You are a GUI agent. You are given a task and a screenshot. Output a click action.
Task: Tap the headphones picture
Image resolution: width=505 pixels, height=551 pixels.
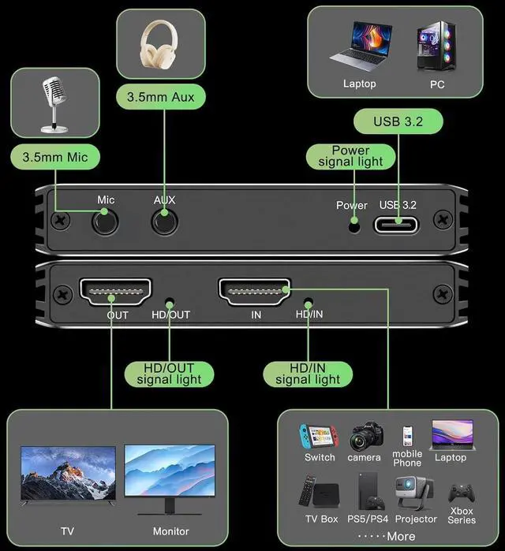[x=160, y=44]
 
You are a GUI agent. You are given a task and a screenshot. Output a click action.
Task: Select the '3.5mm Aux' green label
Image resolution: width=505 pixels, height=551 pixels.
[x=161, y=97]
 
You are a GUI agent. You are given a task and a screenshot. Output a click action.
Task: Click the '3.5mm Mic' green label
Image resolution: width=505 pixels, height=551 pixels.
[x=55, y=157]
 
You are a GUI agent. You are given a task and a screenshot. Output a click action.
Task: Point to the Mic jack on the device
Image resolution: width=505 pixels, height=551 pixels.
[x=105, y=222]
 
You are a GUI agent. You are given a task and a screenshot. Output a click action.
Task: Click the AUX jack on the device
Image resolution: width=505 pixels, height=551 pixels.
[x=164, y=222]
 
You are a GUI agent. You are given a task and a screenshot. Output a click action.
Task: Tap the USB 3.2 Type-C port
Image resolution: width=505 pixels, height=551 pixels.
[x=398, y=224]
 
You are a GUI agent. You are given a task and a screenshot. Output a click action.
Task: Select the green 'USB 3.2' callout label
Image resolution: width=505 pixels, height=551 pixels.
[x=398, y=121]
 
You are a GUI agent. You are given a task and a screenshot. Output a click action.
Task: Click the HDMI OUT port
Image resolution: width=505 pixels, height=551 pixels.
[x=115, y=293]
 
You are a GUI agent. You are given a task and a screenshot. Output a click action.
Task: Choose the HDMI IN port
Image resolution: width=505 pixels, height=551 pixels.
[x=254, y=293]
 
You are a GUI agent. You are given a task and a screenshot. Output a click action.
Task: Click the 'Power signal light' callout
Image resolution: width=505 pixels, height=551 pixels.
[x=350, y=156]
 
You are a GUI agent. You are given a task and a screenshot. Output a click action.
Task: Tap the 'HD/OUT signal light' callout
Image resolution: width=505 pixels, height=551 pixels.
[x=169, y=374]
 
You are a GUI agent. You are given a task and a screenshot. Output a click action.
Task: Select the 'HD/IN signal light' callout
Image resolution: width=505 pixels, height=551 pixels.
[x=308, y=374]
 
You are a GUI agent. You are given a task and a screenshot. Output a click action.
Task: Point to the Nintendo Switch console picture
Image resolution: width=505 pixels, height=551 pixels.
[x=319, y=437]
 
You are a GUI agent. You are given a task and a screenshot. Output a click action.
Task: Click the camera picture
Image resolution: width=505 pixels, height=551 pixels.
[x=365, y=436]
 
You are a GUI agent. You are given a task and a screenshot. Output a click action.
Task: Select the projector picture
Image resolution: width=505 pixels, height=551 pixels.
[x=415, y=493]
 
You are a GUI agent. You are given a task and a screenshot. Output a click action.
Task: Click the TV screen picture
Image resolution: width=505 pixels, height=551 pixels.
[x=68, y=472]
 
